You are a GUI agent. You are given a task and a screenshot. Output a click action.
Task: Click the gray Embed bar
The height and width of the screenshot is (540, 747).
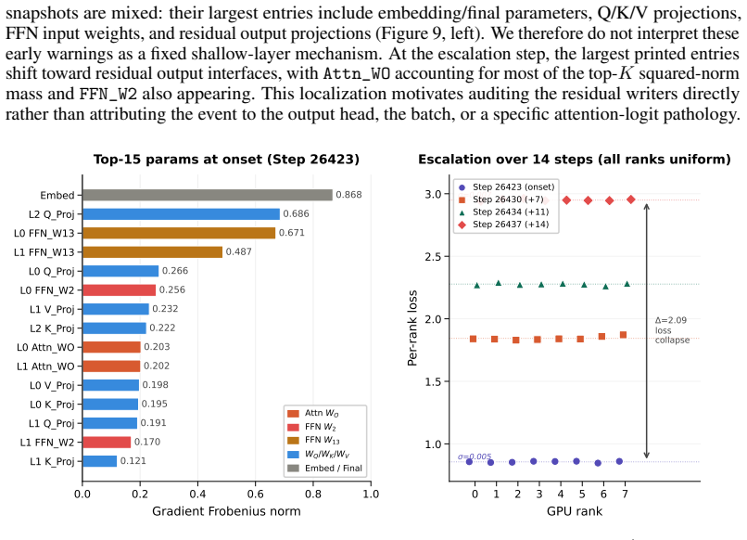click(208, 195)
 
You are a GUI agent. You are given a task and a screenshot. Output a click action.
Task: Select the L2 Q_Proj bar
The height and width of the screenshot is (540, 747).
click(181, 213)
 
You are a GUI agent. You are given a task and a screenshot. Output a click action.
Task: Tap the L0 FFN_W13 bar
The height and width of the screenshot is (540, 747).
click(179, 233)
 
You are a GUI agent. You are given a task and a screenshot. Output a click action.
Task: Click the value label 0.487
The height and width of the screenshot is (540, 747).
click(239, 251)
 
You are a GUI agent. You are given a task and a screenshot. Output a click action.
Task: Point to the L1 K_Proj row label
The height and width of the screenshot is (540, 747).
click(52, 461)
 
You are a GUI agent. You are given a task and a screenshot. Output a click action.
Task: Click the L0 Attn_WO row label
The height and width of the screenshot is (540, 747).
click(45, 347)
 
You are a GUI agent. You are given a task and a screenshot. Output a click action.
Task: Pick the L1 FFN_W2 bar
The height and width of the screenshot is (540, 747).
click(107, 443)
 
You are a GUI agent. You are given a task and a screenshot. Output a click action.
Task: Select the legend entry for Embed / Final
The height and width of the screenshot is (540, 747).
click(325, 468)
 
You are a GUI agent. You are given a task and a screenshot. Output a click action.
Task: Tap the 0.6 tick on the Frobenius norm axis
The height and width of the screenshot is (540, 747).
click(256, 494)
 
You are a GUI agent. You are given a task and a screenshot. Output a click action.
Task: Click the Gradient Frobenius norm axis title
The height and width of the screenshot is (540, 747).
click(226, 511)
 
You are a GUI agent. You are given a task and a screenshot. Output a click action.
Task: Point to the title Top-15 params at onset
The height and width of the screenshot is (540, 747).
click(226, 159)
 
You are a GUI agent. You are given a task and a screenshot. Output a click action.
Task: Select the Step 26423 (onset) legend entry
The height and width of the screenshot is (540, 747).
click(507, 187)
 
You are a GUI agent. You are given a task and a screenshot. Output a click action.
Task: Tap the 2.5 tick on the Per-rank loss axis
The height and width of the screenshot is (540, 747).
click(434, 257)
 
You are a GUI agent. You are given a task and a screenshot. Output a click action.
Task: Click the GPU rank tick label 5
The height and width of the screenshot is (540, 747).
click(582, 495)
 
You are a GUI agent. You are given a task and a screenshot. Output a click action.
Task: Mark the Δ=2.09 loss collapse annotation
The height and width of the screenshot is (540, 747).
click(672, 330)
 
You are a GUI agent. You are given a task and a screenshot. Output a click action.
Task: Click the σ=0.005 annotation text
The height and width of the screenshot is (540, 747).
click(475, 456)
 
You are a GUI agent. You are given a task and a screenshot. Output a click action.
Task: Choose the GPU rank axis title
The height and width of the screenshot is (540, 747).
click(575, 511)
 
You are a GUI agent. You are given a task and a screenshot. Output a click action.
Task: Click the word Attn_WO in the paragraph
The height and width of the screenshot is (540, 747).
click(357, 74)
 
